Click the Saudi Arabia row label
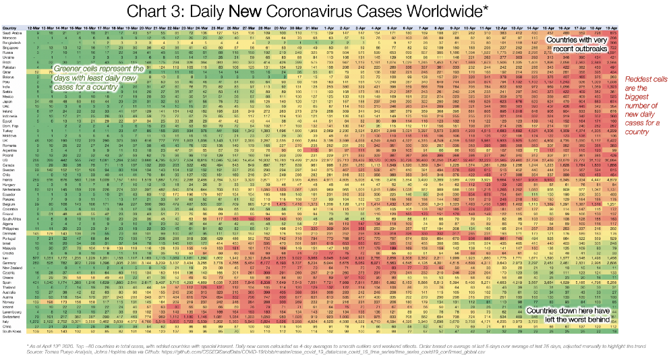[x=11, y=32]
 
